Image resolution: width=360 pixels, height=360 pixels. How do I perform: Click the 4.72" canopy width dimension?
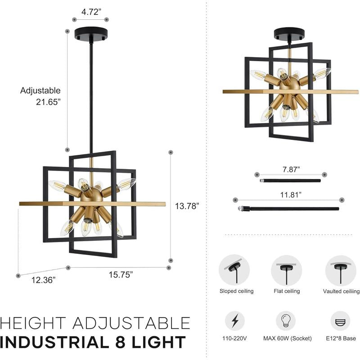coord(91,12)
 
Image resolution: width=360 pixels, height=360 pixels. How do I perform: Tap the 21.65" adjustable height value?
coord(48,102)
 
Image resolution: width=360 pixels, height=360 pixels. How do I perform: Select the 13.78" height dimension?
coord(187,206)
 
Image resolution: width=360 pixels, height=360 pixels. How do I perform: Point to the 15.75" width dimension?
coord(121,274)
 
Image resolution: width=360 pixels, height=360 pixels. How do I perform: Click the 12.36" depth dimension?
coord(43,280)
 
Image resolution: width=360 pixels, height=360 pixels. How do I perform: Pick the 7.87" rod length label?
coord(291,170)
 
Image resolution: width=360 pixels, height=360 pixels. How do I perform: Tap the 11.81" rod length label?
coord(291,195)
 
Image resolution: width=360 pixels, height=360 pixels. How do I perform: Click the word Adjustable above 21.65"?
coord(40,91)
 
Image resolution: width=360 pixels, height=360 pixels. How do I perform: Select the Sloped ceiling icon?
coord(234,270)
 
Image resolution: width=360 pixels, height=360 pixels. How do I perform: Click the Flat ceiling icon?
coord(287,270)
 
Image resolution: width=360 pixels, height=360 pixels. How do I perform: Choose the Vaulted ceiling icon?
coord(341,270)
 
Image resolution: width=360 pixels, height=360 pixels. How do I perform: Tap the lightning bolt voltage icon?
coord(235,321)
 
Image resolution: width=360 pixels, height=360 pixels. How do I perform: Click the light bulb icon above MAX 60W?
coord(286,321)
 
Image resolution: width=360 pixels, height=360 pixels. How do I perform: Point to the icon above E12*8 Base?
coord(341,321)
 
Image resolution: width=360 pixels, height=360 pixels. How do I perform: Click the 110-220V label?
coord(234,338)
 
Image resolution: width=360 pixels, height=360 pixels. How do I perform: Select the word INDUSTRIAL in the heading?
coord(54,342)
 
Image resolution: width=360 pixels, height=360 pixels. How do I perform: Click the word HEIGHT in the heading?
coord(33,323)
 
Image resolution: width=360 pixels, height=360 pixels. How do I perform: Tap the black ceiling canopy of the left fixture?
coord(91,34)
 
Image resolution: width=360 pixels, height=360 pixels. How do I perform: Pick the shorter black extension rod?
coord(290,181)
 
